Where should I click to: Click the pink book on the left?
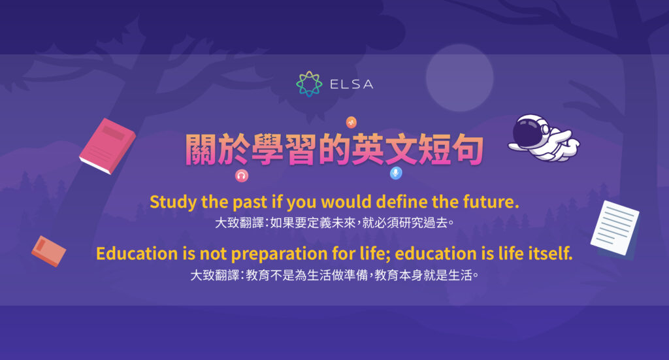pos(107,146)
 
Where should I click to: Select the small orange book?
pos(49,251)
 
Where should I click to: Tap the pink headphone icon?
pos(241,175)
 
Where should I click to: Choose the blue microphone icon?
pos(395,173)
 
